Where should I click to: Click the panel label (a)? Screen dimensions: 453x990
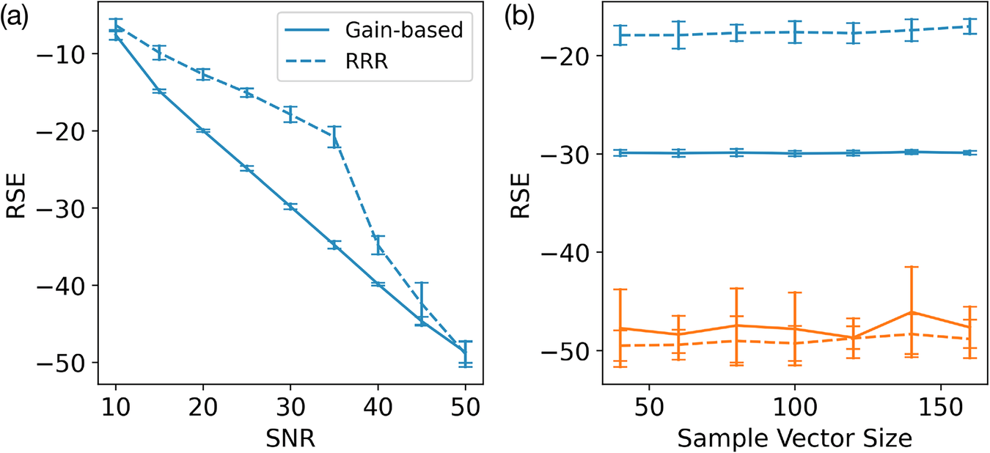tap(15, 17)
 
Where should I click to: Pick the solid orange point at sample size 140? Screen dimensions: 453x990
tap(912, 312)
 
